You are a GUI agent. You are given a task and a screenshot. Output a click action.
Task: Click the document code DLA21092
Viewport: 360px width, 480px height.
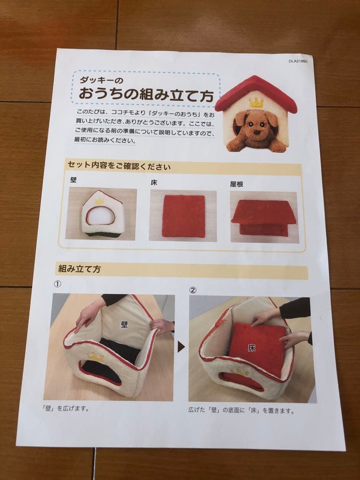[x=297, y=61]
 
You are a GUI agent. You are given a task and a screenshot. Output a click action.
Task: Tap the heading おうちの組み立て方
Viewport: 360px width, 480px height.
[x=146, y=94]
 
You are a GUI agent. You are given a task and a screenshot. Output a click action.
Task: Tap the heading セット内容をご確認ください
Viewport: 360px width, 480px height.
[x=119, y=166]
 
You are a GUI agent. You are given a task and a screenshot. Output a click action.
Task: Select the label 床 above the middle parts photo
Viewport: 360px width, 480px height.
[x=154, y=182]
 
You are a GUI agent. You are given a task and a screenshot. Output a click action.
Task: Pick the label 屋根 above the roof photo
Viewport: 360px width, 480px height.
[x=236, y=184]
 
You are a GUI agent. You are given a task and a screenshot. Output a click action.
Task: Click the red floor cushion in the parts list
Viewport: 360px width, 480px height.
[x=184, y=216]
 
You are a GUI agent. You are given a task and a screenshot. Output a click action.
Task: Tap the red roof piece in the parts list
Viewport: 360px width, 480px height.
[x=264, y=213]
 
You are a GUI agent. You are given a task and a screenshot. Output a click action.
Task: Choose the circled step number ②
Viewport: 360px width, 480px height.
[x=192, y=290]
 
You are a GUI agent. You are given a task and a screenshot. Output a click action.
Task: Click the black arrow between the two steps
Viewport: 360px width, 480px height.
[x=181, y=347]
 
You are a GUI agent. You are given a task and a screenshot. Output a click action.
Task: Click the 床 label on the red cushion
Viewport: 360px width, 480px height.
[x=252, y=348]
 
